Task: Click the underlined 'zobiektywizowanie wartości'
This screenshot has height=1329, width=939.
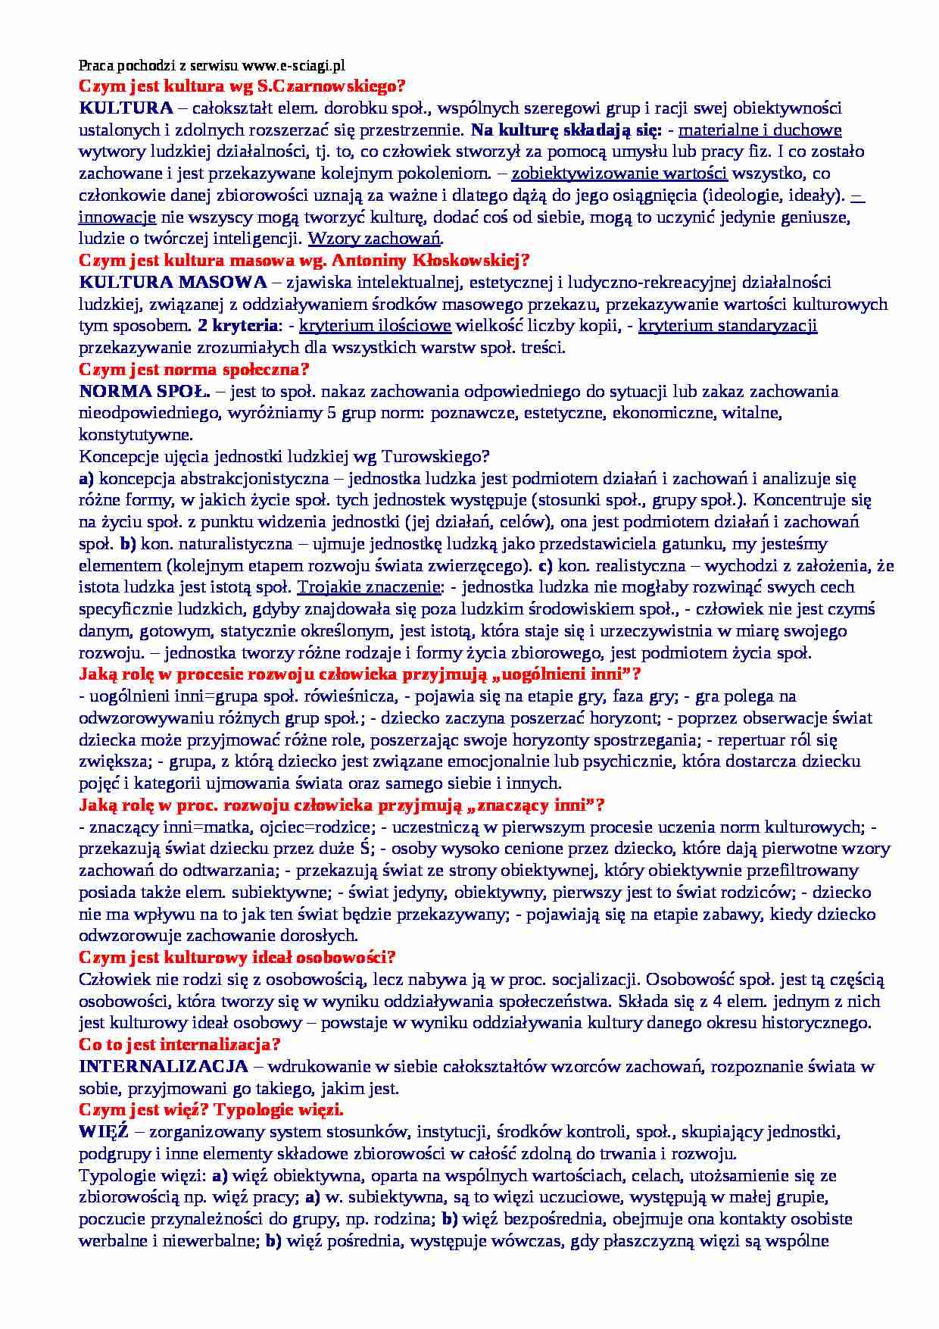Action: click(619, 174)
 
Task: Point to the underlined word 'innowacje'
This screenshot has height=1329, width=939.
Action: click(117, 217)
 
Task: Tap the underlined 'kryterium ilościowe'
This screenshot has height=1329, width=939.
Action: click(375, 327)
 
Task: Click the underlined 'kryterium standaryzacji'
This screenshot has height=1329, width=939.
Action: click(728, 327)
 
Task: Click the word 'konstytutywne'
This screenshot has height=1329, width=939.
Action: click(136, 435)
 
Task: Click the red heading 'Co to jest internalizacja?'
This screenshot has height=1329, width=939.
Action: click(180, 1045)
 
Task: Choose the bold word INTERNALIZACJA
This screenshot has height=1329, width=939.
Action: click(164, 1067)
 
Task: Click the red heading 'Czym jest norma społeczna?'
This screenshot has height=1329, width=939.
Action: click(195, 370)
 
